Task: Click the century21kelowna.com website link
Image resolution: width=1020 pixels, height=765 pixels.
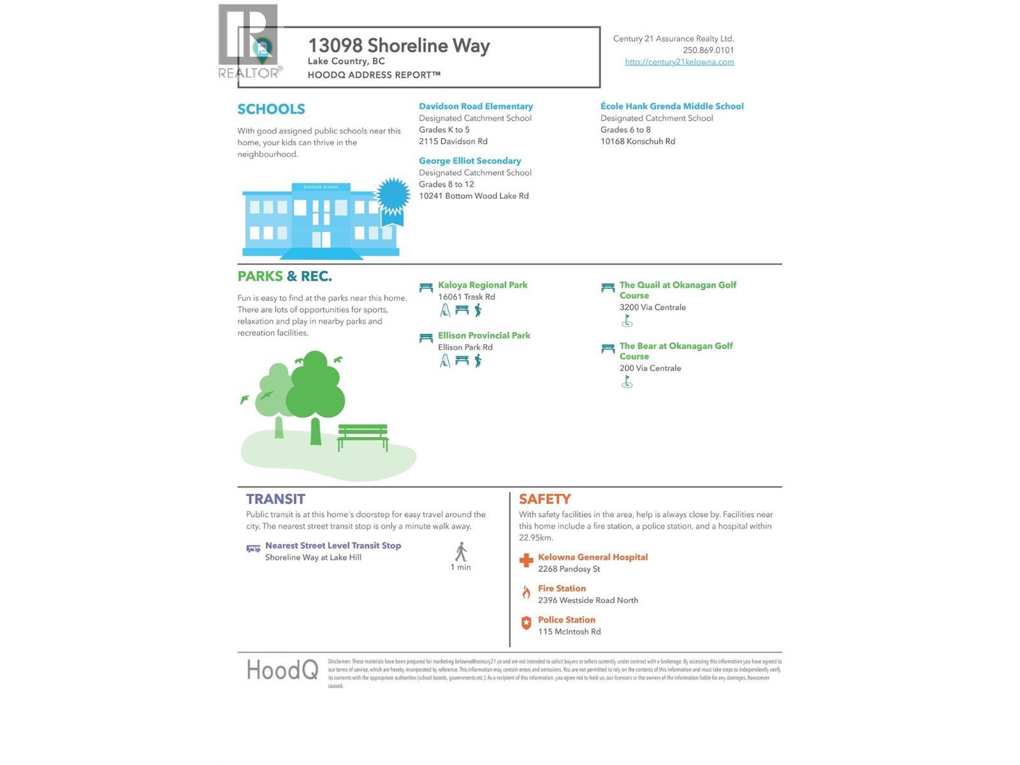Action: point(679,62)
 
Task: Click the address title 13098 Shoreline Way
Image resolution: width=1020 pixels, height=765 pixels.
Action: point(398,46)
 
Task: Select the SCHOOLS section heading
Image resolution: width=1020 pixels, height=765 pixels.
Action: point(271,109)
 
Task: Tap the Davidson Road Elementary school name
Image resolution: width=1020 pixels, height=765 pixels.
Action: point(476,106)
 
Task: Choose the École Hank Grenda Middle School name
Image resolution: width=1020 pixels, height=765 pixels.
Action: point(672,106)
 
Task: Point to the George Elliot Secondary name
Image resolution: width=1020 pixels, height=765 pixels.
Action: point(470,161)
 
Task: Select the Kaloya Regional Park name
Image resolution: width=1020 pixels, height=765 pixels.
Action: point(483,285)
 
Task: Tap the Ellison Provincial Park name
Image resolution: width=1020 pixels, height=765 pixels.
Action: point(484,335)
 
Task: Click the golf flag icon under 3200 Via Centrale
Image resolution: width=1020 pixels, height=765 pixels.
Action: point(627,321)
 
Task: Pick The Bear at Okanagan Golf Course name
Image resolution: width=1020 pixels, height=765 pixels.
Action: point(676,351)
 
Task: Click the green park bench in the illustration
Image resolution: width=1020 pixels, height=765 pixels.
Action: point(363,437)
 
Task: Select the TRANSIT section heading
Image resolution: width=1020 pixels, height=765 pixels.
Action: point(275,499)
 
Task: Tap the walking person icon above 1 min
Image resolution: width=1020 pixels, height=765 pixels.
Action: point(461,552)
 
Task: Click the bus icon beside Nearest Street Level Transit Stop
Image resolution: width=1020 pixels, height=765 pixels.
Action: point(253,548)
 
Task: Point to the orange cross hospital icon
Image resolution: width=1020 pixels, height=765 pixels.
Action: point(526,560)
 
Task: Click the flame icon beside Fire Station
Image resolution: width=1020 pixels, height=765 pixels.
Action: point(526,592)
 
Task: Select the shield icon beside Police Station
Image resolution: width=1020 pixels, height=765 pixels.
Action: point(526,623)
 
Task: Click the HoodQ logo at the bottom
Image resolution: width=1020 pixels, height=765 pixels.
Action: point(282,670)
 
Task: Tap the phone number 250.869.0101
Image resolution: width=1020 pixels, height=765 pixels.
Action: point(708,50)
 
